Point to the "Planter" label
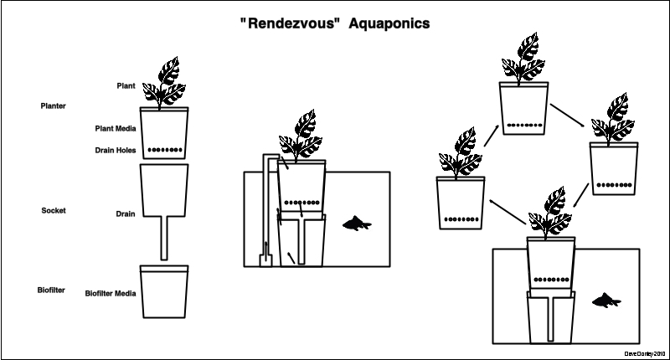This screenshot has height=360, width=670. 53,106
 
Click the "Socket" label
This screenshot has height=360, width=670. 53,210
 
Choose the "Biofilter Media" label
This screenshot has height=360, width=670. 111,294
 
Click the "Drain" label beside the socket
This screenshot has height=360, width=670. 126,213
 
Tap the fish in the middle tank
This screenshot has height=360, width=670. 358,224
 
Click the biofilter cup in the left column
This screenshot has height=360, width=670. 164,293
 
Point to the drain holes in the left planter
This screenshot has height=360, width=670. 164,151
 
